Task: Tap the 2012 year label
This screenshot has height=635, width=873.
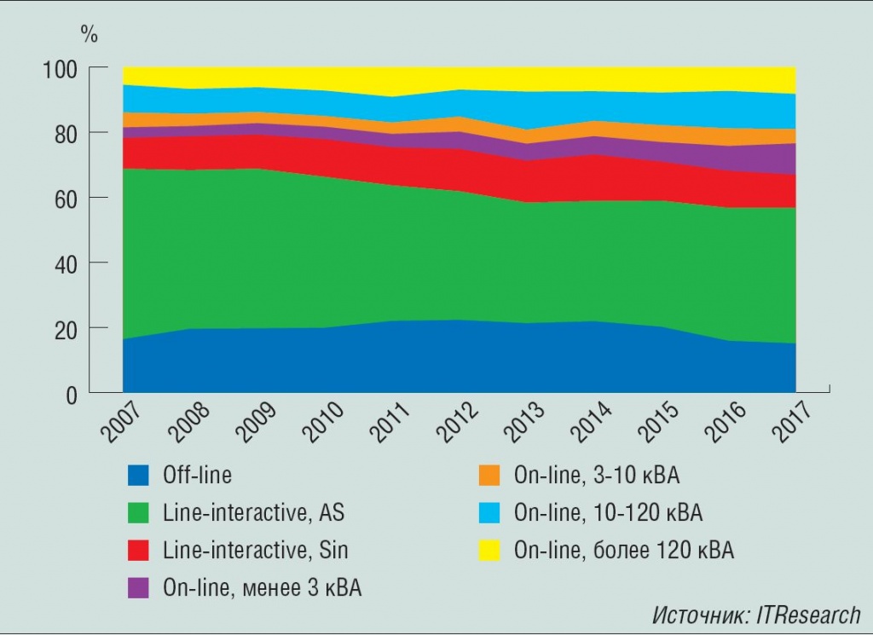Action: [458, 421]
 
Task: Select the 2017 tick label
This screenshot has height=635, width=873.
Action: [795, 421]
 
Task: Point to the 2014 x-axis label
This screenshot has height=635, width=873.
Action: [593, 421]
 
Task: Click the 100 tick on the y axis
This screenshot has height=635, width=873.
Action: [60, 68]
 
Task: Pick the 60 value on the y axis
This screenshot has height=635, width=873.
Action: [66, 199]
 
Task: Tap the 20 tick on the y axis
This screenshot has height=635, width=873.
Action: [66, 329]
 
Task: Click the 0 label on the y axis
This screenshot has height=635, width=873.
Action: [72, 395]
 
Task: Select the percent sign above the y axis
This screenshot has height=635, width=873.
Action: [89, 35]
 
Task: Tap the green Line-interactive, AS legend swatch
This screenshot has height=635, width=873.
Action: [138, 513]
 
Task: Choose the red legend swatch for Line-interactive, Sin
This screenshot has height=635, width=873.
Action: [138, 551]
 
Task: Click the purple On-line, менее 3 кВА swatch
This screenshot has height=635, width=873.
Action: [138, 588]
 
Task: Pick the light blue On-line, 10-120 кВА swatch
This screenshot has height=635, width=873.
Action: [489, 513]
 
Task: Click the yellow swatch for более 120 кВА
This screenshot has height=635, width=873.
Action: [489, 551]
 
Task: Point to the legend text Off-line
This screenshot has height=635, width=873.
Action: [197, 476]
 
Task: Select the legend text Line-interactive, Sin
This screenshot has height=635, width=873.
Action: [255, 551]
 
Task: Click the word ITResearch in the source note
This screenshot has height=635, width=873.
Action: [806, 615]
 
